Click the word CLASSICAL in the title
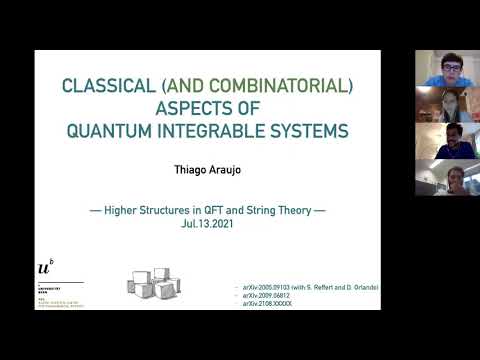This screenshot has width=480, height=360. pos(104,86)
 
